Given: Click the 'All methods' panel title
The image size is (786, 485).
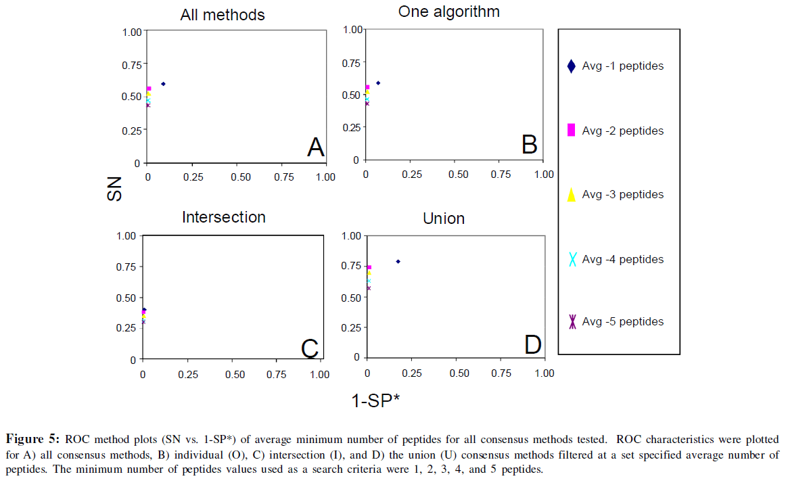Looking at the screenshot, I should tap(222, 15).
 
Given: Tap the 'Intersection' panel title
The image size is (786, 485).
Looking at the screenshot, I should tap(223, 217).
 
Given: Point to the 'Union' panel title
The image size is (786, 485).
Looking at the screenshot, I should tap(444, 218).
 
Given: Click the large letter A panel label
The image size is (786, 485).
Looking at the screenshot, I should tap(315, 147).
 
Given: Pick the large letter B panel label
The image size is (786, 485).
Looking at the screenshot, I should tap(529, 144).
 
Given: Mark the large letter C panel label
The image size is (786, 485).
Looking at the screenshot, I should tap(309, 348).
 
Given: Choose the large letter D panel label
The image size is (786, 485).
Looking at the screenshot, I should tap(532, 345).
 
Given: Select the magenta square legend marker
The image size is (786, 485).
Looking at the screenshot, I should tap(571, 131).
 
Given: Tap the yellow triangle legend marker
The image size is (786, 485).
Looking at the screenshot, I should tap(571, 195).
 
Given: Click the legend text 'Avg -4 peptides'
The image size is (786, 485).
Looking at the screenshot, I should tap(622, 259).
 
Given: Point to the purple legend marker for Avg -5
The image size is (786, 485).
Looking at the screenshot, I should tap(572, 322).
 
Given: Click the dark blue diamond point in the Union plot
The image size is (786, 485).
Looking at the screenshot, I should tap(398, 261).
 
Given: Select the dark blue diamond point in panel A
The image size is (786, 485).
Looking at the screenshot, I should tap(163, 84).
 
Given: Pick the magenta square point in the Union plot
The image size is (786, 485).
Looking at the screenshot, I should tap(369, 267).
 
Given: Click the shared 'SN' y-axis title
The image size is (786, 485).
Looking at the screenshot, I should tap(116, 189).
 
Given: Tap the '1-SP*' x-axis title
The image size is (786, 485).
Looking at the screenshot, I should tap(375, 400).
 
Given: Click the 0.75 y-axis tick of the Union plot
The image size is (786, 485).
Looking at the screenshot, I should tap(351, 267).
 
